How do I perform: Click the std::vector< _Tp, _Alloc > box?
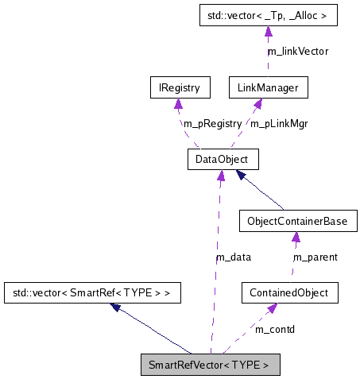[x=268, y=14]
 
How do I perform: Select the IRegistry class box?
[x=179, y=87]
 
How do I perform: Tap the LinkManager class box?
[x=267, y=87]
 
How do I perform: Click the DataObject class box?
[x=218, y=160]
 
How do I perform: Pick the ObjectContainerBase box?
[x=297, y=220]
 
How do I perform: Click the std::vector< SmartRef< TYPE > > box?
[x=91, y=293]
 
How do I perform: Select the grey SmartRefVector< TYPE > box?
[x=210, y=365]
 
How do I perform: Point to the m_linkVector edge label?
[x=297, y=51]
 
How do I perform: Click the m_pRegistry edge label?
[x=212, y=124]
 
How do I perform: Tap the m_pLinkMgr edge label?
[x=279, y=124]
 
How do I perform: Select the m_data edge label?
[x=234, y=257]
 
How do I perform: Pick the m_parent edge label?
[x=315, y=257]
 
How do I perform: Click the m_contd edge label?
[x=274, y=328]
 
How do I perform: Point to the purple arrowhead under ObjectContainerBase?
[x=296, y=237]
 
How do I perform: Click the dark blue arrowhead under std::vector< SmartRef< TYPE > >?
[x=116, y=307]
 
